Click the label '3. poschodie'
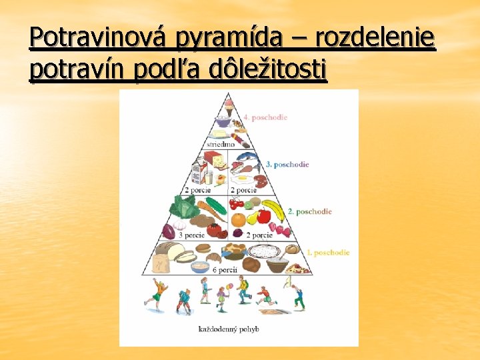287,164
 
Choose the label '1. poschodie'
327,253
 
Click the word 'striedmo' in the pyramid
220,143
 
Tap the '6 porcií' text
224,270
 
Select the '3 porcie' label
191,235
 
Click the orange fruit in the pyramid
239,219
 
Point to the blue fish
247,160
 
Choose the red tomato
214,230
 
